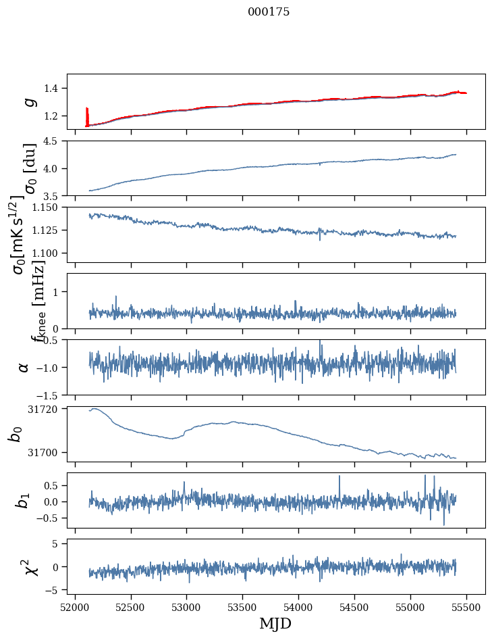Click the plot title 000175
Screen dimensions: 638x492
[x=269, y=12]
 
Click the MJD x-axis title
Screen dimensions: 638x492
[x=275, y=623]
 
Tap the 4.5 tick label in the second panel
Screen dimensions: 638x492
[x=55, y=141]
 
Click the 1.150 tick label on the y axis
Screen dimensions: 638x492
[x=49, y=207]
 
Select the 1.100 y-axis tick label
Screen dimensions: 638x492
[x=49, y=253]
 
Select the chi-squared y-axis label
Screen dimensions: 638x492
[x=30, y=566]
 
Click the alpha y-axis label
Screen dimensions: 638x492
[x=24, y=367]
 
